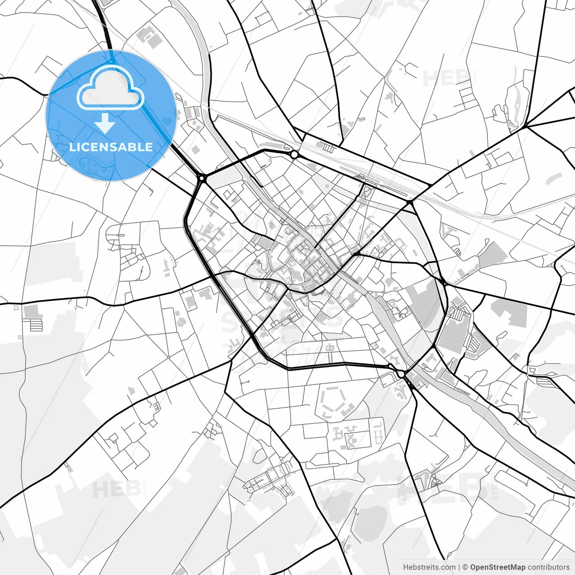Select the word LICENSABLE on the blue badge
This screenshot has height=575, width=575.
[111, 147]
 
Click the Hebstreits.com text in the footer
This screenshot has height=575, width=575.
[429, 567]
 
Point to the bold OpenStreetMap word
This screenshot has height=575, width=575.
[498, 567]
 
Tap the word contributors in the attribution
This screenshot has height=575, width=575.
[548, 567]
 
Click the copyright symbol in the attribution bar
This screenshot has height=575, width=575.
[465, 567]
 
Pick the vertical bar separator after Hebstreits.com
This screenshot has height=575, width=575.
[459, 567]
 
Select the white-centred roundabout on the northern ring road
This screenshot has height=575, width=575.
[294, 155]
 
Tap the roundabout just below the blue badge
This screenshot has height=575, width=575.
[202, 178]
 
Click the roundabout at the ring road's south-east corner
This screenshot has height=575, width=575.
[401, 374]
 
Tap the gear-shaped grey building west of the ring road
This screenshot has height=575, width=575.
[182, 322]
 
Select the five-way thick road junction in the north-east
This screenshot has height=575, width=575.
[526, 126]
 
